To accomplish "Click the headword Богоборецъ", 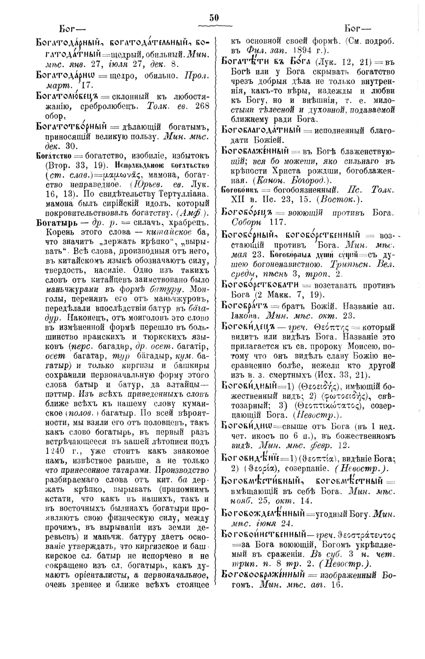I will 248,212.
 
